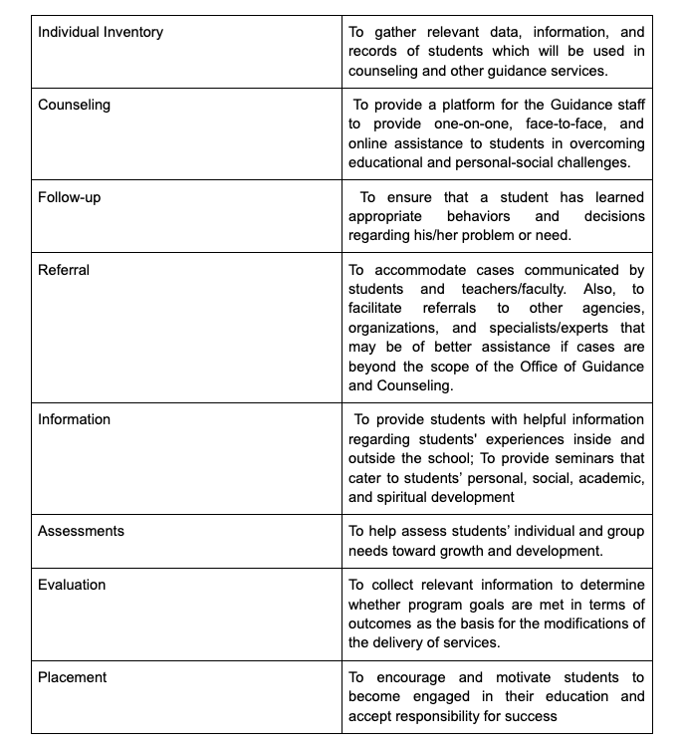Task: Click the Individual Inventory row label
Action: (x=101, y=32)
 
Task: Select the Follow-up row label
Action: (x=70, y=197)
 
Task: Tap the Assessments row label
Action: (x=82, y=531)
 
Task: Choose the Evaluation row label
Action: (x=72, y=585)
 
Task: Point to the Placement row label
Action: (x=73, y=677)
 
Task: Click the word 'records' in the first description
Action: (x=374, y=52)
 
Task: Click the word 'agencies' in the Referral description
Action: (x=614, y=309)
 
